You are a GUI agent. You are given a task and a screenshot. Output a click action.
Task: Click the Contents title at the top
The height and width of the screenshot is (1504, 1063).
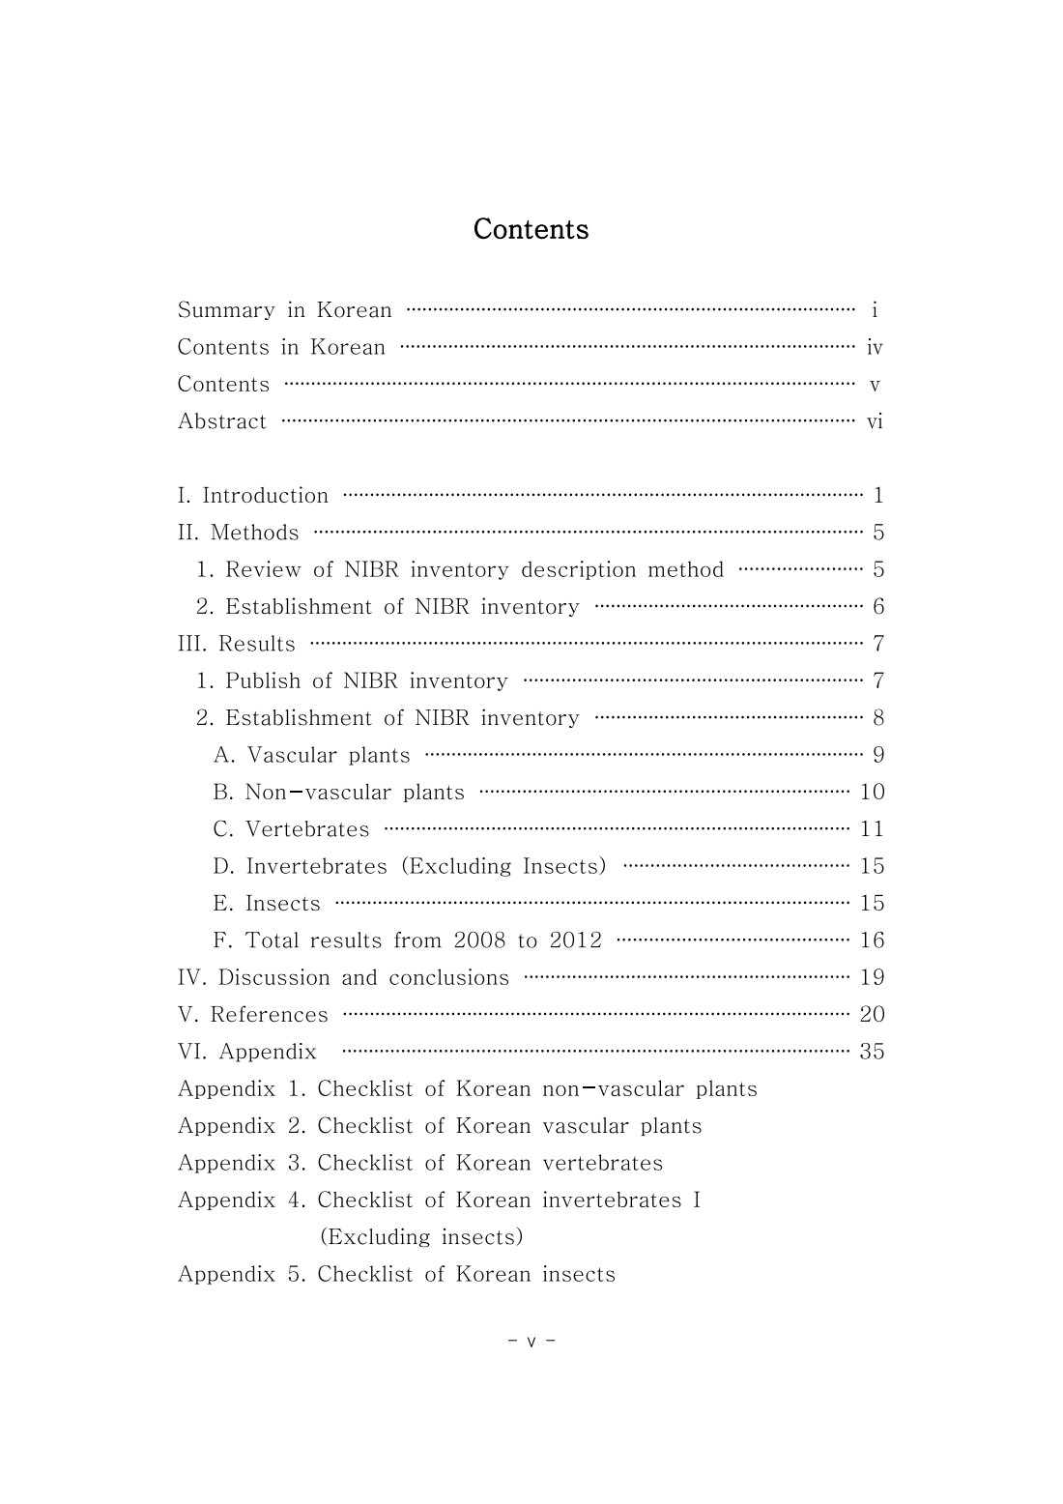(531, 229)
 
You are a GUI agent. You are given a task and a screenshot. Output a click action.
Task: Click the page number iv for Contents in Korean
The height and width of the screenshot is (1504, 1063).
(875, 348)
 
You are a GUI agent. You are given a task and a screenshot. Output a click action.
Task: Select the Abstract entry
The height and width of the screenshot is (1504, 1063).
(222, 421)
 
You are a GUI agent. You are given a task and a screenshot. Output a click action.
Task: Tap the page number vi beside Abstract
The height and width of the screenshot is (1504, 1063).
(875, 421)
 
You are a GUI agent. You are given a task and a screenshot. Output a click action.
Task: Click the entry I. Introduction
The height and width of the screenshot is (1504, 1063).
(253, 496)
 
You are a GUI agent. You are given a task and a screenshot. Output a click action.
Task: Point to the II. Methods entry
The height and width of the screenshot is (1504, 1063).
(239, 533)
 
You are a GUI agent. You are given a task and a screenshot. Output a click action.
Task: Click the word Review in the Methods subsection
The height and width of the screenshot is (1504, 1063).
(262, 570)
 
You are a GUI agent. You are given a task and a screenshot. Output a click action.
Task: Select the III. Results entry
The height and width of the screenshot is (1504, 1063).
(237, 644)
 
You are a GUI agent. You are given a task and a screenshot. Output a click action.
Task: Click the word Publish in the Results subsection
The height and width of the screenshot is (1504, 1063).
(263, 681)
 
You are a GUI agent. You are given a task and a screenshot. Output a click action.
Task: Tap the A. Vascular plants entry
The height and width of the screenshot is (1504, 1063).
(311, 755)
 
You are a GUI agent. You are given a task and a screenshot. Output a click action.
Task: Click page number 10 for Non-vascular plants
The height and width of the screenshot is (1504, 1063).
(872, 793)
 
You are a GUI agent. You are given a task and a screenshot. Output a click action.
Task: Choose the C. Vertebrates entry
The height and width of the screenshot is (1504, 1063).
(291, 829)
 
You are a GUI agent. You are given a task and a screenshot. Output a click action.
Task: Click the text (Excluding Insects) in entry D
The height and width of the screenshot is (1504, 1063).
(504, 866)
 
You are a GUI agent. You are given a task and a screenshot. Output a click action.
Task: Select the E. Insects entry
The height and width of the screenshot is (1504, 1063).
(267, 904)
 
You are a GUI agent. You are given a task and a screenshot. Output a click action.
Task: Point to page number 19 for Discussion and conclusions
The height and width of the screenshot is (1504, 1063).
(872, 977)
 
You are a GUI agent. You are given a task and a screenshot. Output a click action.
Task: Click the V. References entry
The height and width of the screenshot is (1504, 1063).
(253, 1015)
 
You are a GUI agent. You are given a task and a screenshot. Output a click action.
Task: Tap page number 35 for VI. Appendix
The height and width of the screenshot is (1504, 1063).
(872, 1052)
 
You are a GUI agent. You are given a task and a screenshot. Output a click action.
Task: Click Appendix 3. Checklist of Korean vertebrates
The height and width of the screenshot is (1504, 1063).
(420, 1163)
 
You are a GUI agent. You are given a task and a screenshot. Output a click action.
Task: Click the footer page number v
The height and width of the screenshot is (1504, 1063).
(531, 1342)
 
